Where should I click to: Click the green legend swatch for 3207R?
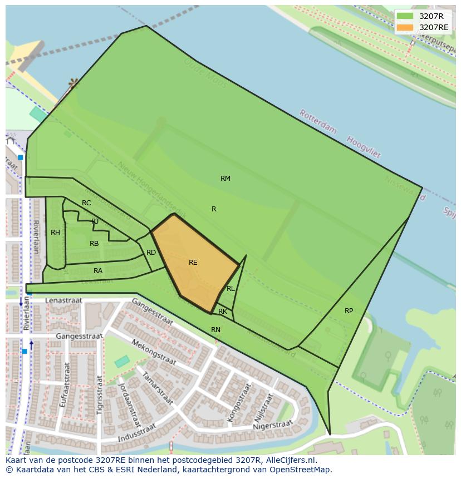click(x=405, y=16)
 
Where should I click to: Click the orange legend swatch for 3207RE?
click(x=405, y=27)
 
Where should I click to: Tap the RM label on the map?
click(x=225, y=179)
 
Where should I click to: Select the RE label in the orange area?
click(x=193, y=263)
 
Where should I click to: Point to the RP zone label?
click(x=349, y=311)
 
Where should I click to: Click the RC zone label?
click(x=86, y=203)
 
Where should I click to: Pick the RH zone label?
click(x=55, y=233)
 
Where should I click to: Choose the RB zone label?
click(x=94, y=244)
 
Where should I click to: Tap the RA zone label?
click(x=98, y=271)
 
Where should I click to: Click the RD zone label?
click(x=151, y=253)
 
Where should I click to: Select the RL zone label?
click(x=230, y=289)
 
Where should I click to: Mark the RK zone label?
click(x=223, y=312)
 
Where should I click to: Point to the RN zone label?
click(x=215, y=330)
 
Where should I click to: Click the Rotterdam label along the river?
click(x=318, y=122)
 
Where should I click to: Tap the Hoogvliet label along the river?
click(x=364, y=147)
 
